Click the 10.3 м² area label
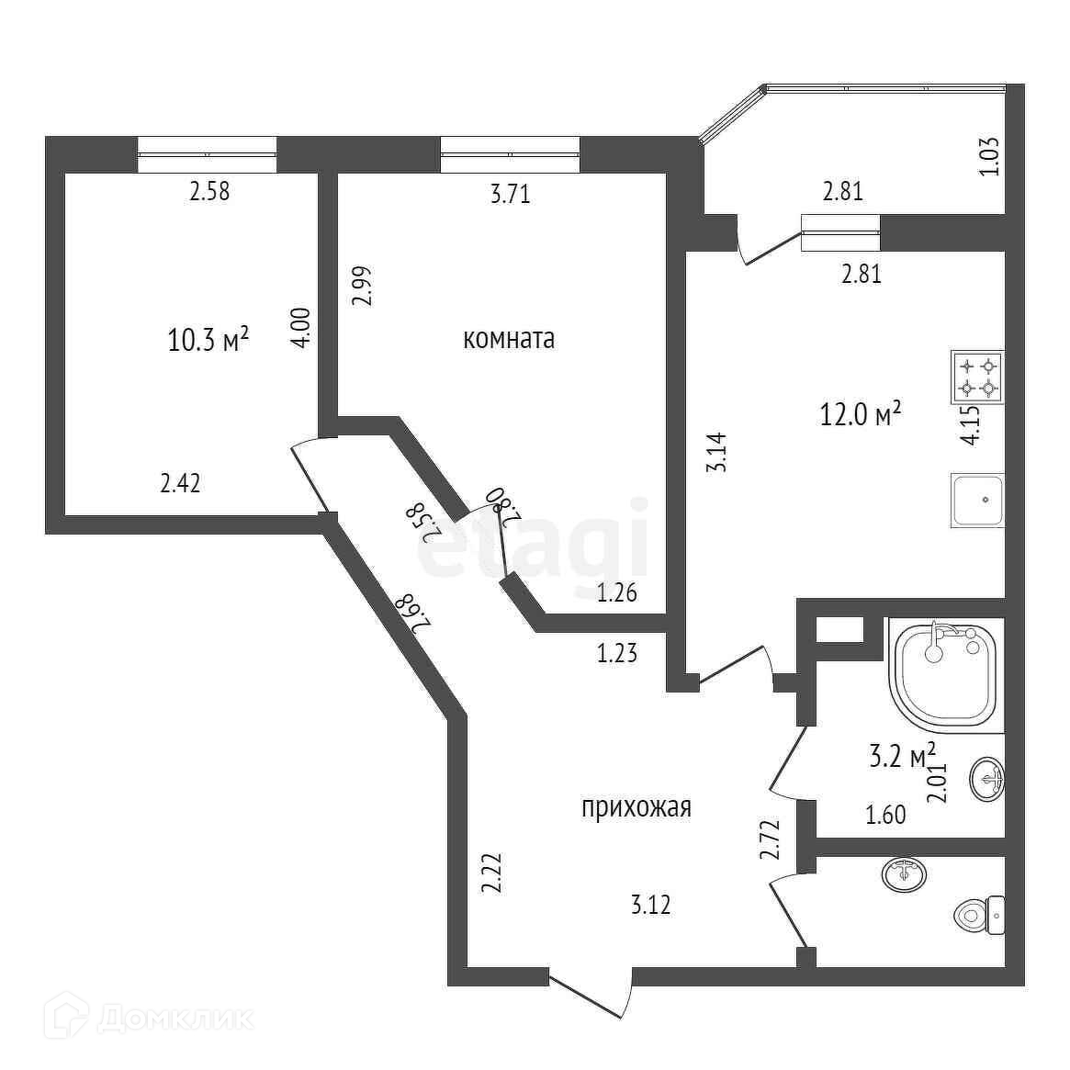pos(209,340)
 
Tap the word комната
pos(509,339)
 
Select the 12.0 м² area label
pos(860,413)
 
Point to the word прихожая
pos(636,807)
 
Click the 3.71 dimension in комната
pos(511,194)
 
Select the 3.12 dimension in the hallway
pos(650,905)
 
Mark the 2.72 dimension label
pos(770,839)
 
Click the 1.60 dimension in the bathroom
pos(886,814)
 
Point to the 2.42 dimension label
pos(180,483)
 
